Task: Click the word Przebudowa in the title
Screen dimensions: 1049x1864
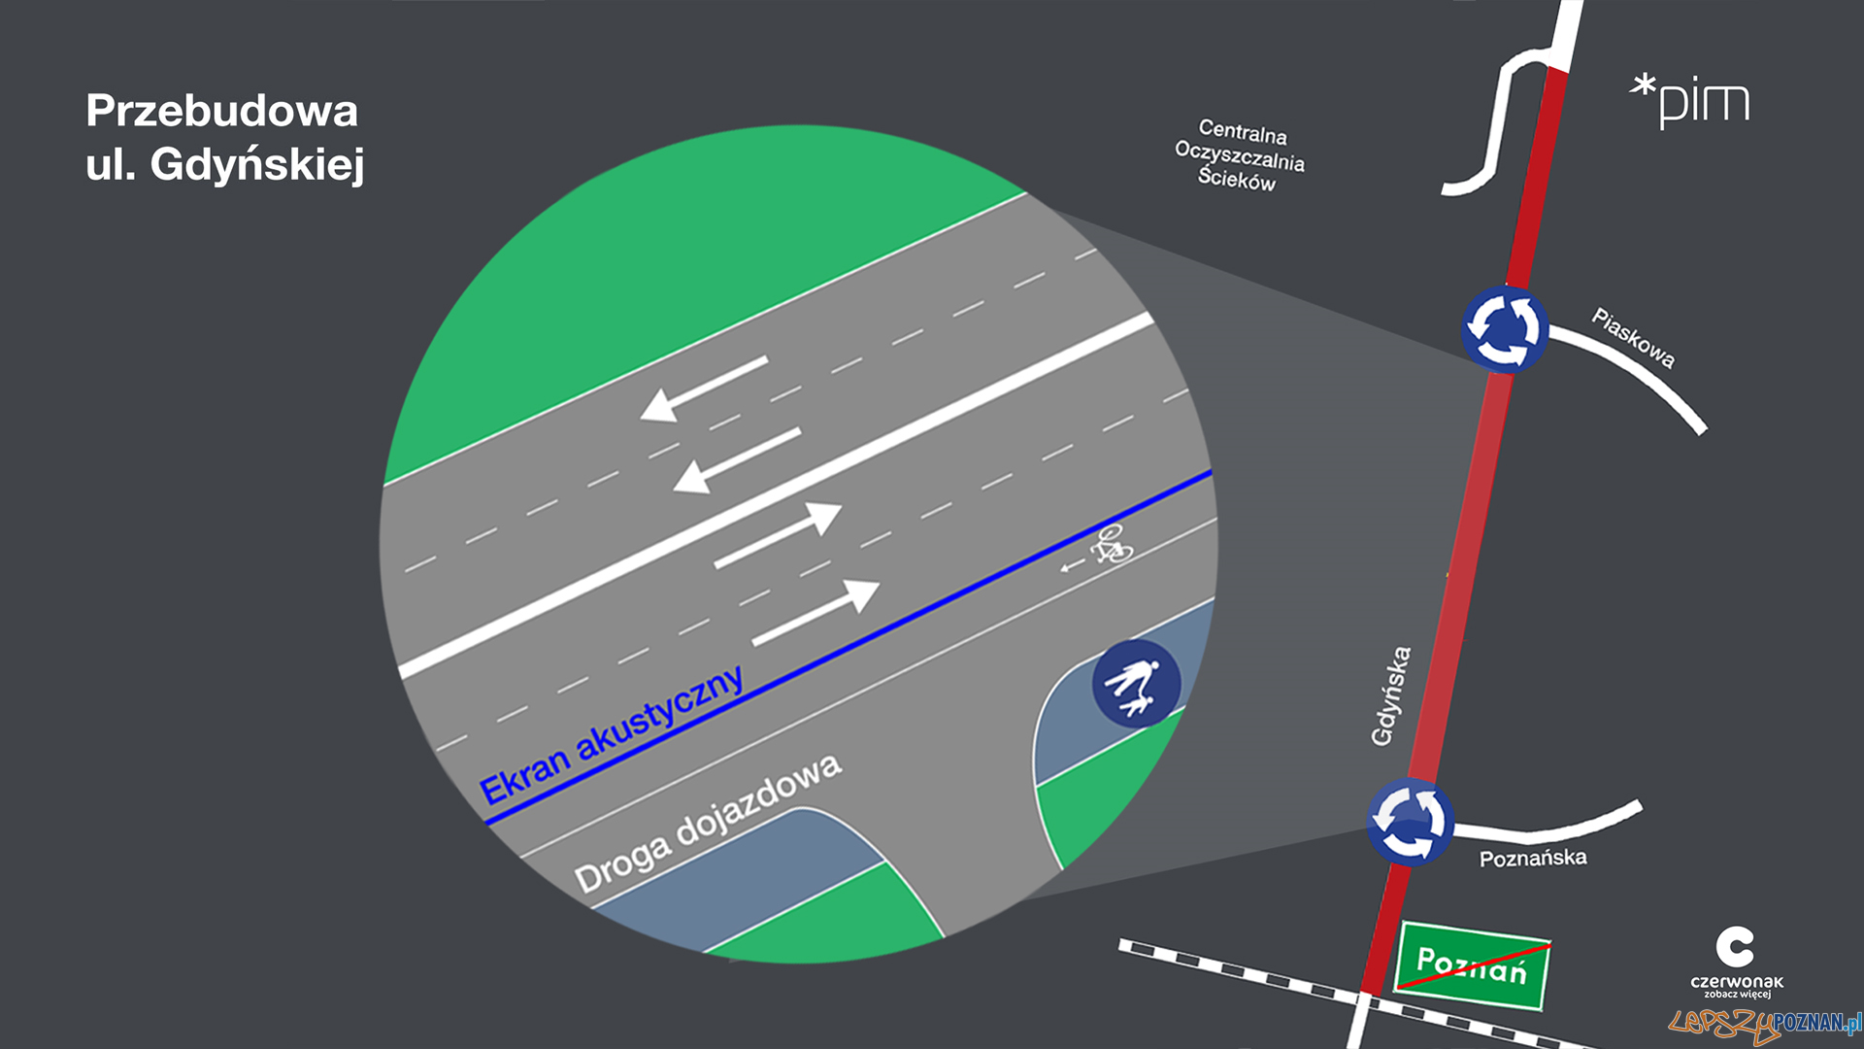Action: (x=221, y=111)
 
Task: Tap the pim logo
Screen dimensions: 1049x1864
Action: (x=1691, y=101)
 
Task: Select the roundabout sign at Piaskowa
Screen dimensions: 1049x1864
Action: (x=1503, y=329)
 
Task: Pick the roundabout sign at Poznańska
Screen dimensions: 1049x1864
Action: (x=1410, y=823)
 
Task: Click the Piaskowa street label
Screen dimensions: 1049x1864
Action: (x=1633, y=337)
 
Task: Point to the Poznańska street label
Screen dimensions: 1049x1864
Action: (x=1533, y=858)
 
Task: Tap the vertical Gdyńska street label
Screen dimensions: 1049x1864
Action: (x=1390, y=695)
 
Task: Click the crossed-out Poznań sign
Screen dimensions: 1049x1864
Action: (x=1471, y=966)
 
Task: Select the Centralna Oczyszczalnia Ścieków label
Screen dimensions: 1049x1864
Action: (x=1240, y=155)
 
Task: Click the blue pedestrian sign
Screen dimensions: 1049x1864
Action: (x=1136, y=684)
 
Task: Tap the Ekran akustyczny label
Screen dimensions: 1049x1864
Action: (x=612, y=735)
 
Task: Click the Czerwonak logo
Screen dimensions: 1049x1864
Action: (x=1736, y=961)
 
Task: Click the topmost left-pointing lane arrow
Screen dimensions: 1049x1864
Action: (x=703, y=389)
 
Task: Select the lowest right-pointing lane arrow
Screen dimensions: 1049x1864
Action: (x=816, y=612)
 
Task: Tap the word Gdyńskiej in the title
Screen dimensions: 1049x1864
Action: (x=256, y=164)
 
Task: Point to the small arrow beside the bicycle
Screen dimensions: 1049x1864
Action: (x=1072, y=565)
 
